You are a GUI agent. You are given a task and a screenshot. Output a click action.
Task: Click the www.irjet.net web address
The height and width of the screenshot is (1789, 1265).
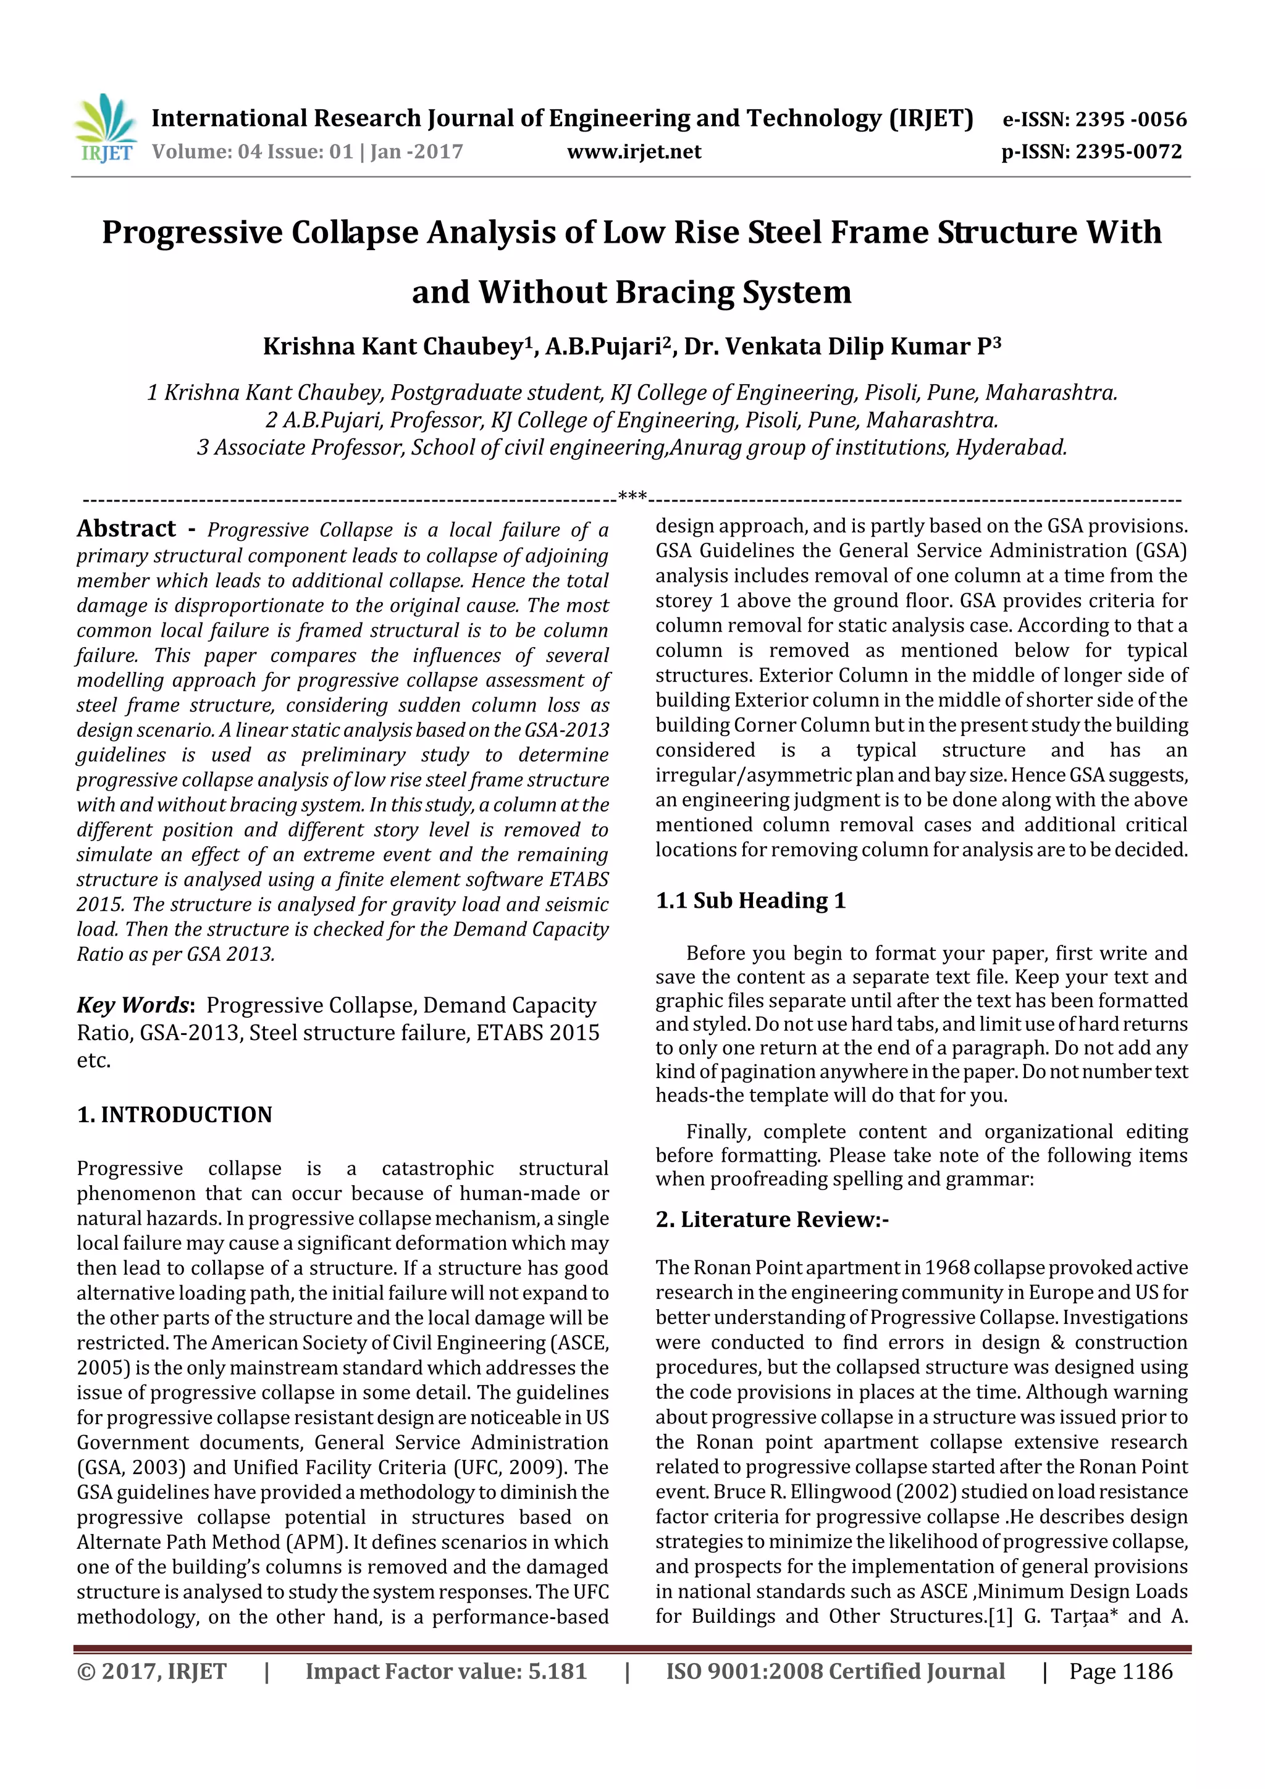click(634, 152)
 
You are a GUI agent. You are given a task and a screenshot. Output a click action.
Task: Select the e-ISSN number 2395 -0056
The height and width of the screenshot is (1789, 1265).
click(1131, 119)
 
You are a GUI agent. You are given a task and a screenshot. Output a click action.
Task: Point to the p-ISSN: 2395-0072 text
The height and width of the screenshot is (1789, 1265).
click(1091, 152)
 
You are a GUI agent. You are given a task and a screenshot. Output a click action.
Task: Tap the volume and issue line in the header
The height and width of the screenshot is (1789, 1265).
click(307, 152)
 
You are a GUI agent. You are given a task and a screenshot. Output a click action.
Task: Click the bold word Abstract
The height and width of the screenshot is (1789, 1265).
click(126, 529)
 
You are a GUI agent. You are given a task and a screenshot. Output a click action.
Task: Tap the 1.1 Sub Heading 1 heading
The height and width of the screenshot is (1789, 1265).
click(750, 901)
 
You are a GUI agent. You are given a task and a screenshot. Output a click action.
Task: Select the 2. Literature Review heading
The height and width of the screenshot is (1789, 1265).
click(771, 1220)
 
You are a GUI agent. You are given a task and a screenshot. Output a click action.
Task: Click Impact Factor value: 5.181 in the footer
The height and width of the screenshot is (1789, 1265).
click(446, 1671)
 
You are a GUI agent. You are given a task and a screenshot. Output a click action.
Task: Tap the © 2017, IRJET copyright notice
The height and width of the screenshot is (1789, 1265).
click(151, 1671)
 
